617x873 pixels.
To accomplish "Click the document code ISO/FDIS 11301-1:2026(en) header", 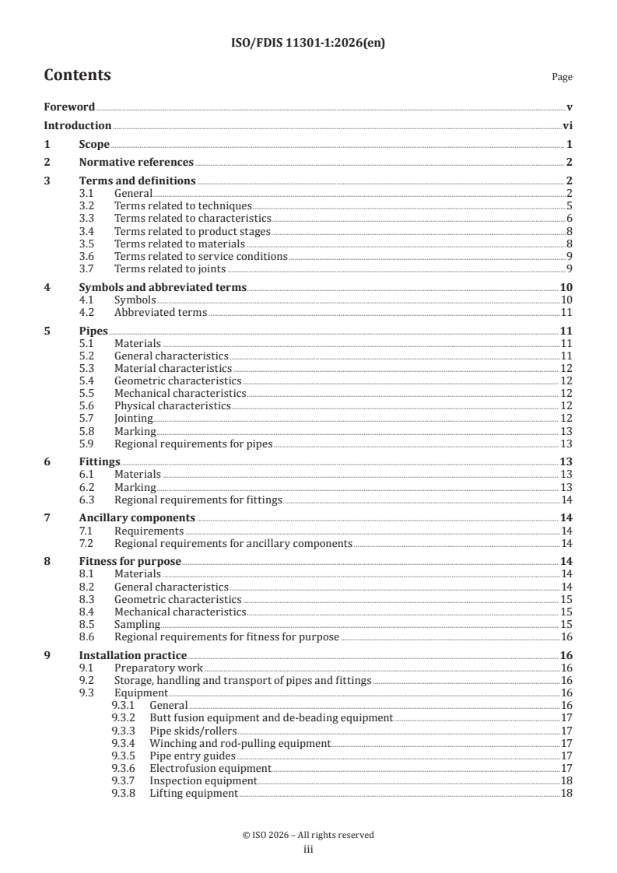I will coord(308,44).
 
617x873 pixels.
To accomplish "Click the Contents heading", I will coord(77,75).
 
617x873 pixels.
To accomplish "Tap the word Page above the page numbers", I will coord(562,77).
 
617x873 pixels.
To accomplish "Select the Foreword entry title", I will coord(69,107).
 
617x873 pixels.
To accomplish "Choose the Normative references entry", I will coord(136,162).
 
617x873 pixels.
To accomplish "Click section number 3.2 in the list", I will coord(87,205).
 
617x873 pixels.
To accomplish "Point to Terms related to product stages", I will coord(192,231).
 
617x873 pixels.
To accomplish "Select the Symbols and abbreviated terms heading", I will coord(163,287).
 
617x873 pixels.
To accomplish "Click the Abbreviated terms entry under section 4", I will coord(160,312).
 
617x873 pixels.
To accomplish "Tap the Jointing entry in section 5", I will coord(133,419).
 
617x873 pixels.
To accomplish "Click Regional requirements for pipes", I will coord(193,444).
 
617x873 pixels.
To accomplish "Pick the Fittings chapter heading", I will coord(99,461).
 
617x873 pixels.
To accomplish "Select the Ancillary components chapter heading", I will coord(137,517).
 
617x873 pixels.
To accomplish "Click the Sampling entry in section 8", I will coord(137,624).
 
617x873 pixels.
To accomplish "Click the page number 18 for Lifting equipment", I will coord(566,793).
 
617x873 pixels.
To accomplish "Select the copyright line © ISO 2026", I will coord(308,835).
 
